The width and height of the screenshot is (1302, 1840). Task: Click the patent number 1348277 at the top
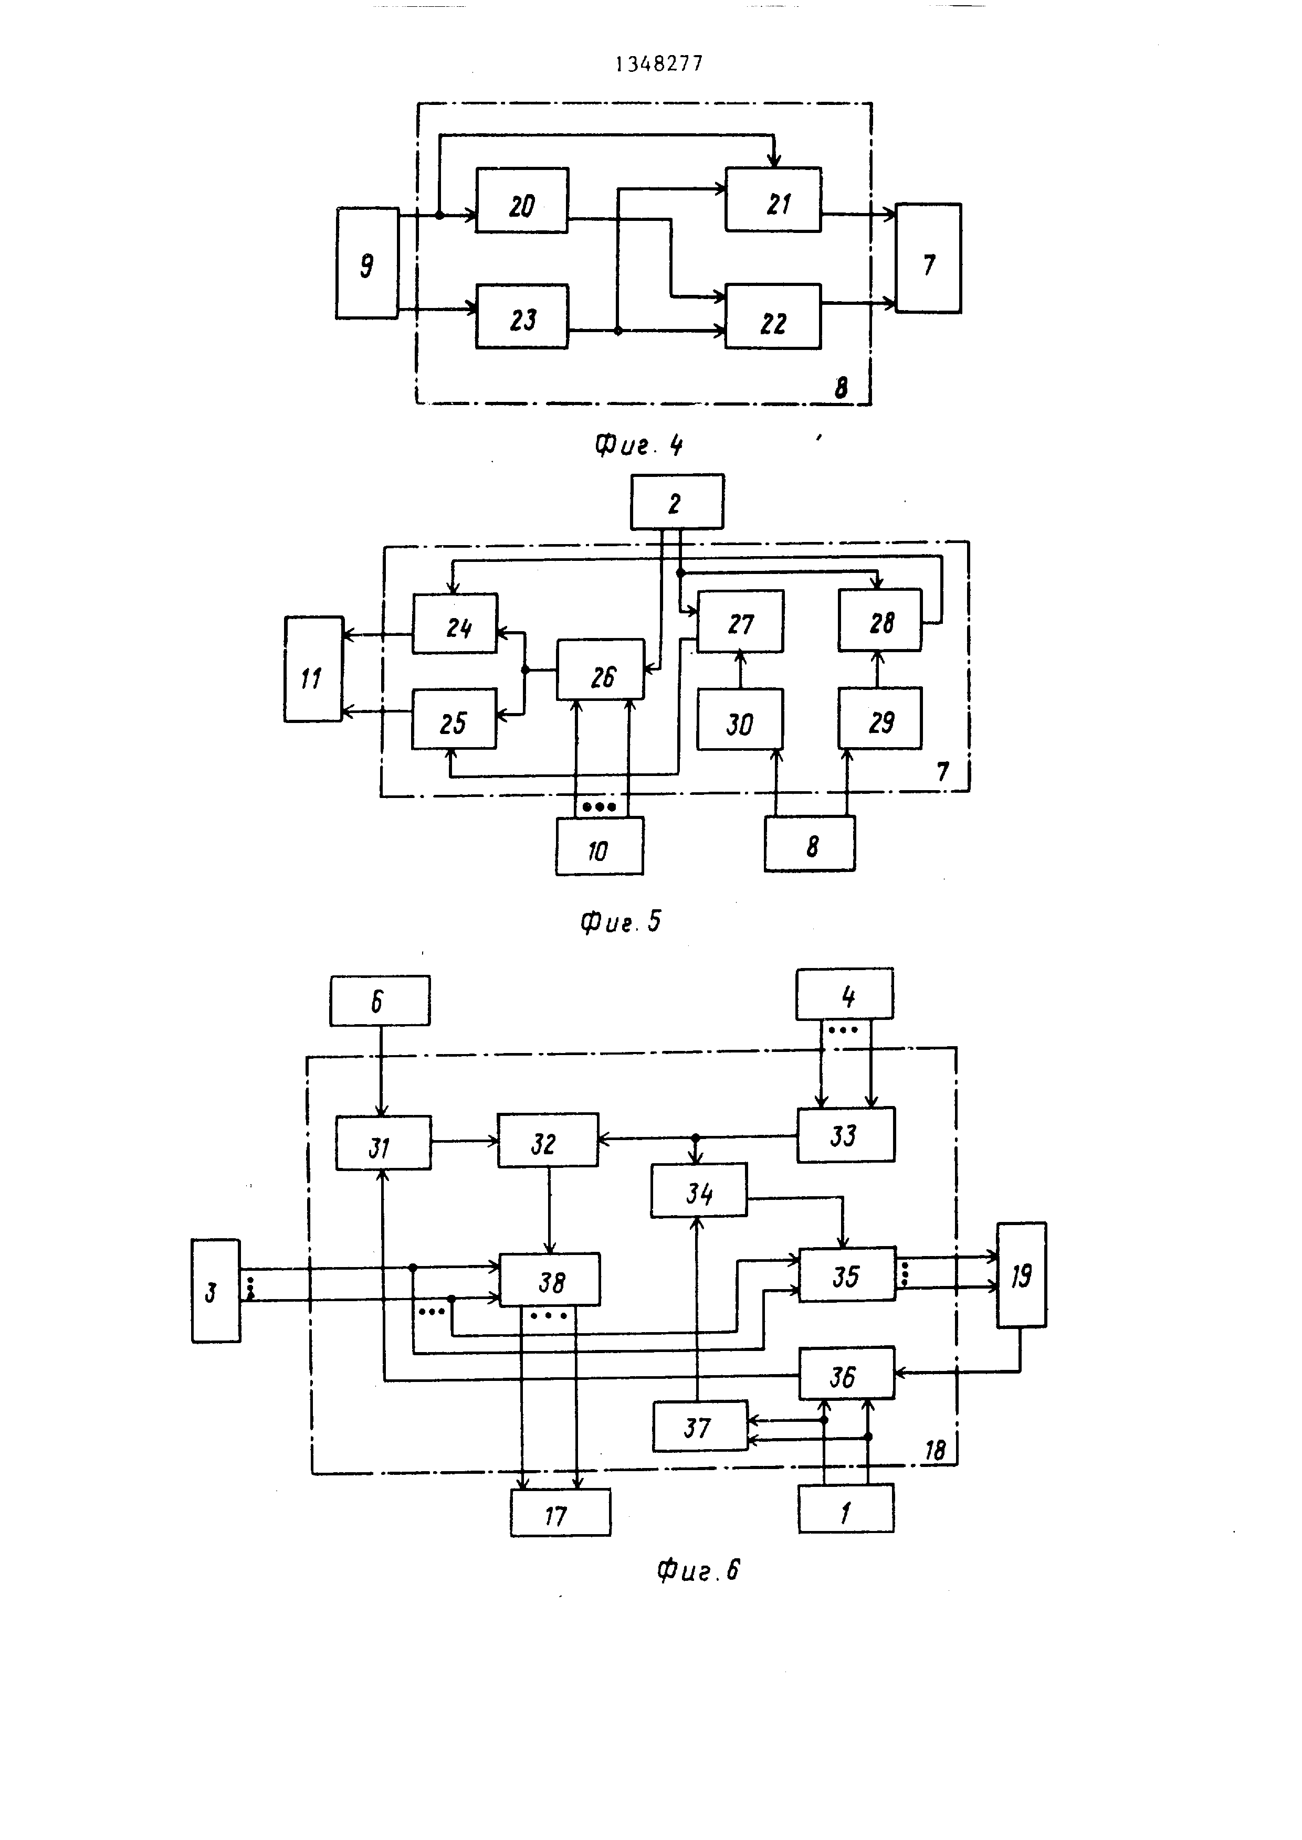659,64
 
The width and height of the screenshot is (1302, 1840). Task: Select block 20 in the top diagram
522,200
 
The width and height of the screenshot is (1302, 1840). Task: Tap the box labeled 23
522,316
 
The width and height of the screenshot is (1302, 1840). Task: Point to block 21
773,200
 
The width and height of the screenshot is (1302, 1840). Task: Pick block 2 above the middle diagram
677,502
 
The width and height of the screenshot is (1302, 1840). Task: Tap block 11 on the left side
313,669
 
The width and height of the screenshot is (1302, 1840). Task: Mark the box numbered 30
739,719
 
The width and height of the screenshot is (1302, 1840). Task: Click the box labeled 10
599,846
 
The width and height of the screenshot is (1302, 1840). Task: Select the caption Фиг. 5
621,922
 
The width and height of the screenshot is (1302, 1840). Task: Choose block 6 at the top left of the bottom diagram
379,1000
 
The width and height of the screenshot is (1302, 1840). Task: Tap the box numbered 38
549,1280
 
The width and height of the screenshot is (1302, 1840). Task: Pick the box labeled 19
1021,1275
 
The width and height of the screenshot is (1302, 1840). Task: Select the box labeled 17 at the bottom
560,1512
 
